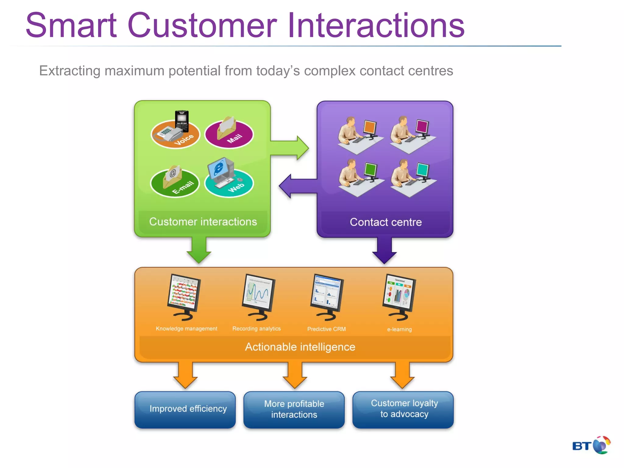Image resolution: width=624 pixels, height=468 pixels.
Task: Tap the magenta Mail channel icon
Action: coord(229,133)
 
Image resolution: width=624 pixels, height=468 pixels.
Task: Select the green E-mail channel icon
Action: coord(175,182)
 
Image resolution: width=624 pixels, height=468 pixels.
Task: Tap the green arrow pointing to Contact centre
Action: coord(289,148)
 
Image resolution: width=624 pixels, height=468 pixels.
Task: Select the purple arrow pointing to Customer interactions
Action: coord(297,186)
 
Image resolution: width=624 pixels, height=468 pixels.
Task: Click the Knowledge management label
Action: coord(186,328)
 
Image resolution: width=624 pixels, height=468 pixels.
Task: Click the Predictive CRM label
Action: coord(326,329)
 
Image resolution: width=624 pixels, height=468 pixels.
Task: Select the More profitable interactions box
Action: coord(294,409)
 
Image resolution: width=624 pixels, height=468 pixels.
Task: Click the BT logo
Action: coord(591,445)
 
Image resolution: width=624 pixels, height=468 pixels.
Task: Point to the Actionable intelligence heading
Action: coord(300,347)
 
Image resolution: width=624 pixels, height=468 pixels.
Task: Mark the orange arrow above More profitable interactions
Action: coord(295,375)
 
